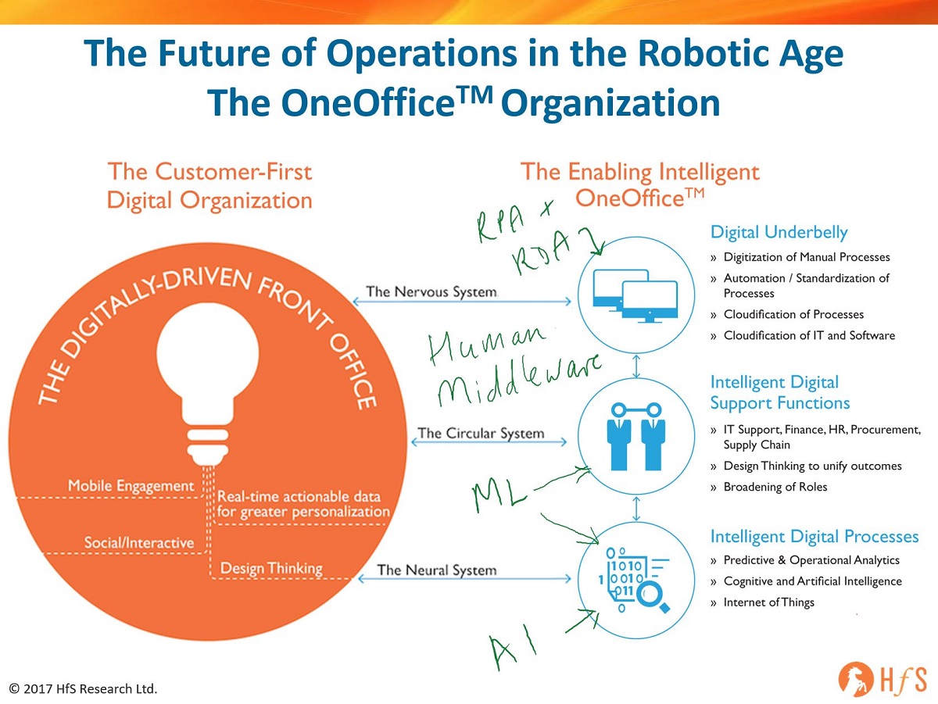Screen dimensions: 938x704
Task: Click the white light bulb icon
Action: click(208, 384)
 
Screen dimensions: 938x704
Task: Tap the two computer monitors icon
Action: click(635, 296)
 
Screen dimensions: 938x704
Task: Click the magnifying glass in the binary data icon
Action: click(653, 597)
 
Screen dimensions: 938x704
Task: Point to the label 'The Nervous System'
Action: click(431, 291)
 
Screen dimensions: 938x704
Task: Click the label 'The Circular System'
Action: click(481, 433)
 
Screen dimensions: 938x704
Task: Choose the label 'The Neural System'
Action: click(437, 570)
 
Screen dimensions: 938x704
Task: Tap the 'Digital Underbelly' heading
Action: click(779, 232)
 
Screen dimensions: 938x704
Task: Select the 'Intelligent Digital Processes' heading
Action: click(814, 537)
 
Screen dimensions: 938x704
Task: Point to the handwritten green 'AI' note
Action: click(512, 646)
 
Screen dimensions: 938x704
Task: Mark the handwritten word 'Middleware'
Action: click(519, 382)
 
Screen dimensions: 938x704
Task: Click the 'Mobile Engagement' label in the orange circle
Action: click(131, 486)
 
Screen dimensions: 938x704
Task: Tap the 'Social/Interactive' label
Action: click(139, 542)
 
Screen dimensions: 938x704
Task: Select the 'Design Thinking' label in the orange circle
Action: click(271, 569)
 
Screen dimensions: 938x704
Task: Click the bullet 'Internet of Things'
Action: click(769, 602)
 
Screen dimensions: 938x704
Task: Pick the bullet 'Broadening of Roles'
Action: click(775, 487)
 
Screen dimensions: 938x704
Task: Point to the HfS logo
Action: click(882, 679)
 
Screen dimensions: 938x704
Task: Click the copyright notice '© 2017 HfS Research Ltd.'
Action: click(84, 688)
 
